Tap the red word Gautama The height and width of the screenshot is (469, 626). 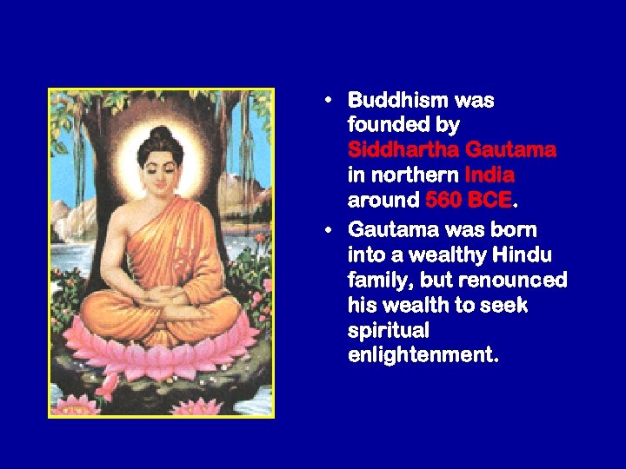coord(511,150)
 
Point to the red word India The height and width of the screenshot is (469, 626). coord(490,175)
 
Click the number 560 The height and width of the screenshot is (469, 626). coord(443,200)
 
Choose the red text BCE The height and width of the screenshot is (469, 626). coord(489,200)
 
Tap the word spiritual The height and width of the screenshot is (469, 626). coord(389,331)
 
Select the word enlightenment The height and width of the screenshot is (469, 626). coord(422,356)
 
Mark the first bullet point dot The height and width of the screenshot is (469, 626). coord(327,100)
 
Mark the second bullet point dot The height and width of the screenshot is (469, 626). coord(327,230)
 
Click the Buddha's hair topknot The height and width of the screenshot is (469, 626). coord(160,135)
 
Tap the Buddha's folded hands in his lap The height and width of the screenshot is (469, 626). coord(164,300)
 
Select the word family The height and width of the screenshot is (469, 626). coord(376,281)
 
